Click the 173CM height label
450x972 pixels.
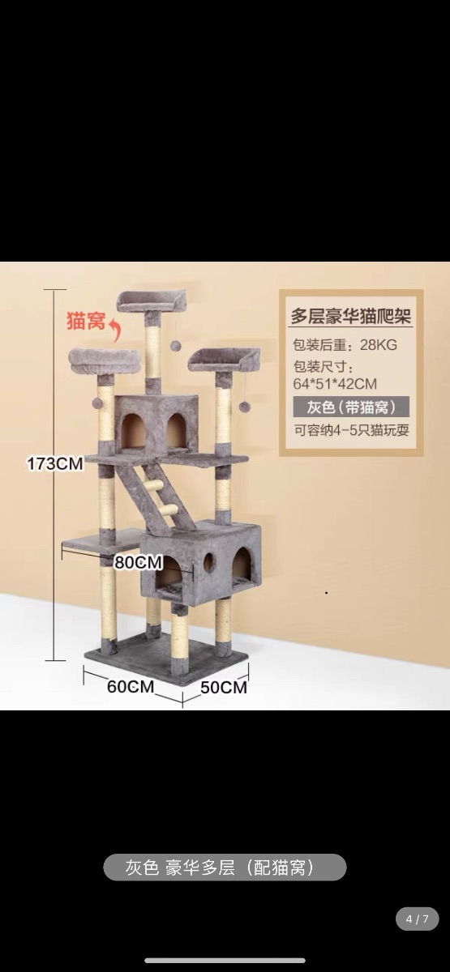tap(55, 463)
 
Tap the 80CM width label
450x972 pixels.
tap(138, 562)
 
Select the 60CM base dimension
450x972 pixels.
tap(131, 687)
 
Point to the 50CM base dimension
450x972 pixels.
tap(224, 688)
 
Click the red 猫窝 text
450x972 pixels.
tap(86, 321)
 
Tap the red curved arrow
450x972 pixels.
tap(115, 330)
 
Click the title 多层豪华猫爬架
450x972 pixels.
tap(351, 316)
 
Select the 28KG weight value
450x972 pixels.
tap(379, 345)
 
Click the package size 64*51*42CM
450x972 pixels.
tap(335, 384)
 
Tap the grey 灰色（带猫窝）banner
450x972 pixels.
tap(351, 407)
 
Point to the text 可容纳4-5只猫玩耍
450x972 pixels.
tap(351, 430)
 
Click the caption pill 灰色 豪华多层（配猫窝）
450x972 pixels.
tap(225, 868)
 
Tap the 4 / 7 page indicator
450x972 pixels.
tap(418, 919)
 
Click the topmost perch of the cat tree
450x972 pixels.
tap(152, 301)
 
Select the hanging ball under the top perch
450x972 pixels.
tap(175, 346)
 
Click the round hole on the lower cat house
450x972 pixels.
tap(209, 563)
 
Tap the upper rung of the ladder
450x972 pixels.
tap(154, 485)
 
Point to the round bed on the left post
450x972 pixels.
tap(105, 361)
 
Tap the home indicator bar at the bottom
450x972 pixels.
tap(225, 961)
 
